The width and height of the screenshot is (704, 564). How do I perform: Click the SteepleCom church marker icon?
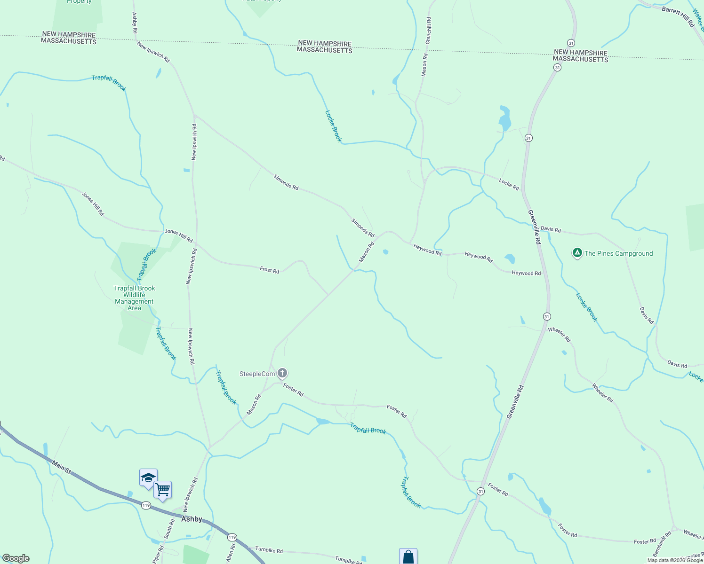[282, 374]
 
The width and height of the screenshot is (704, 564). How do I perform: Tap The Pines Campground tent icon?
[577, 253]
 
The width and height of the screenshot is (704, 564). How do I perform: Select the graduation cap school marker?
[148, 478]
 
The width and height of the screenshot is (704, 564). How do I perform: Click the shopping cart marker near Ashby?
[162, 490]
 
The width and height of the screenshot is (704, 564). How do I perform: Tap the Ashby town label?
[192, 519]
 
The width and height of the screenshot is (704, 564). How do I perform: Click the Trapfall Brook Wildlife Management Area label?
[134, 298]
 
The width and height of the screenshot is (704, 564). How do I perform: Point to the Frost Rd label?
[269, 270]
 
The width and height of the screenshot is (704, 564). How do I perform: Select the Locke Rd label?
[509, 184]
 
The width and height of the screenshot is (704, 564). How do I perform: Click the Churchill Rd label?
[428, 31]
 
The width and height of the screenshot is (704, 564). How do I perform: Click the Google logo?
[16, 558]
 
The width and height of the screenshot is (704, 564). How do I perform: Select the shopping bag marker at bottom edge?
[408, 557]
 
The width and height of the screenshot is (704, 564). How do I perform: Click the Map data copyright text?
[675, 560]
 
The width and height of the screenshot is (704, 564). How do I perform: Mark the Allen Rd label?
[230, 553]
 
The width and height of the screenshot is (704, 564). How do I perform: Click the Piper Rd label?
[158, 555]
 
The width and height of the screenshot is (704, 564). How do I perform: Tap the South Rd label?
[169, 529]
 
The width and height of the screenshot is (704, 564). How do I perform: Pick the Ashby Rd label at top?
[135, 22]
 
